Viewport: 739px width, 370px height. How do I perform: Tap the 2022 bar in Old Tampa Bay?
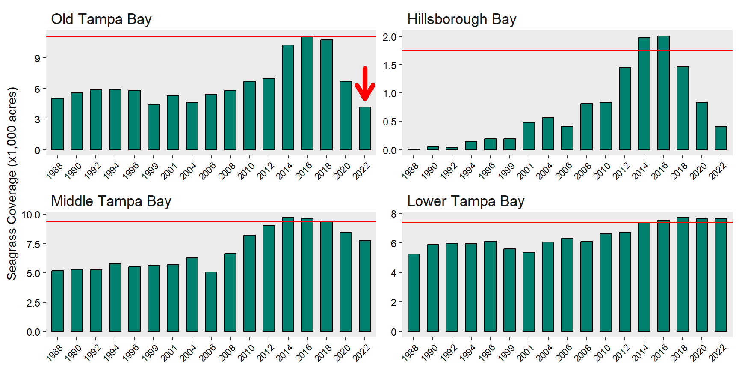pyautogui.click(x=365, y=128)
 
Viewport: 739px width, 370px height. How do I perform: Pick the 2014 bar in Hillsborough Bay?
pyautogui.click(x=644, y=94)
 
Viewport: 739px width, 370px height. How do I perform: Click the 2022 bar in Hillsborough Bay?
pyautogui.click(x=721, y=138)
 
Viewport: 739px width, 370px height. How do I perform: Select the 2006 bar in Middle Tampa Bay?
pyautogui.click(x=211, y=301)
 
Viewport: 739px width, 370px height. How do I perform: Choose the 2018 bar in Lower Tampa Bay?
pyautogui.click(x=683, y=275)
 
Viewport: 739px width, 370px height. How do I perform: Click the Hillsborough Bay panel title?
pyautogui.click(x=461, y=19)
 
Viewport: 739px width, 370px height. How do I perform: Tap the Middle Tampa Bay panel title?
pyautogui.click(x=111, y=201)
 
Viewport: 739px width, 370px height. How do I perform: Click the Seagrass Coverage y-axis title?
pyautogui.click(x=12, y=184)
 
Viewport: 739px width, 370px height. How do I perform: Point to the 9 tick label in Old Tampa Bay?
pyautogui.click(x=38, y=58)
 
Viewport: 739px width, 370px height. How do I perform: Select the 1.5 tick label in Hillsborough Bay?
pyautogui.click(x=389, y=65)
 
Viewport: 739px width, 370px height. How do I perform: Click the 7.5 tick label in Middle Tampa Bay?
pyautogui.click(x=33, y=244)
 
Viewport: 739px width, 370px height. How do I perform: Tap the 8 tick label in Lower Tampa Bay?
pyautogui.click(x=393, y=213)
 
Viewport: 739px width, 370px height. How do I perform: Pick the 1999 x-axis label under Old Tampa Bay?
pyautogui.click(x=150, y=171)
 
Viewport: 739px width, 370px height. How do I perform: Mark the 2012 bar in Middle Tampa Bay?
pyautogui.click(x=269, y=278)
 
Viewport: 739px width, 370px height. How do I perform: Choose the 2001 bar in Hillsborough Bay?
pyautogui.click(x=529, y=136)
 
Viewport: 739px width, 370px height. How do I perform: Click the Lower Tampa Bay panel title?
pyautogui.click(x=465, y=201)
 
